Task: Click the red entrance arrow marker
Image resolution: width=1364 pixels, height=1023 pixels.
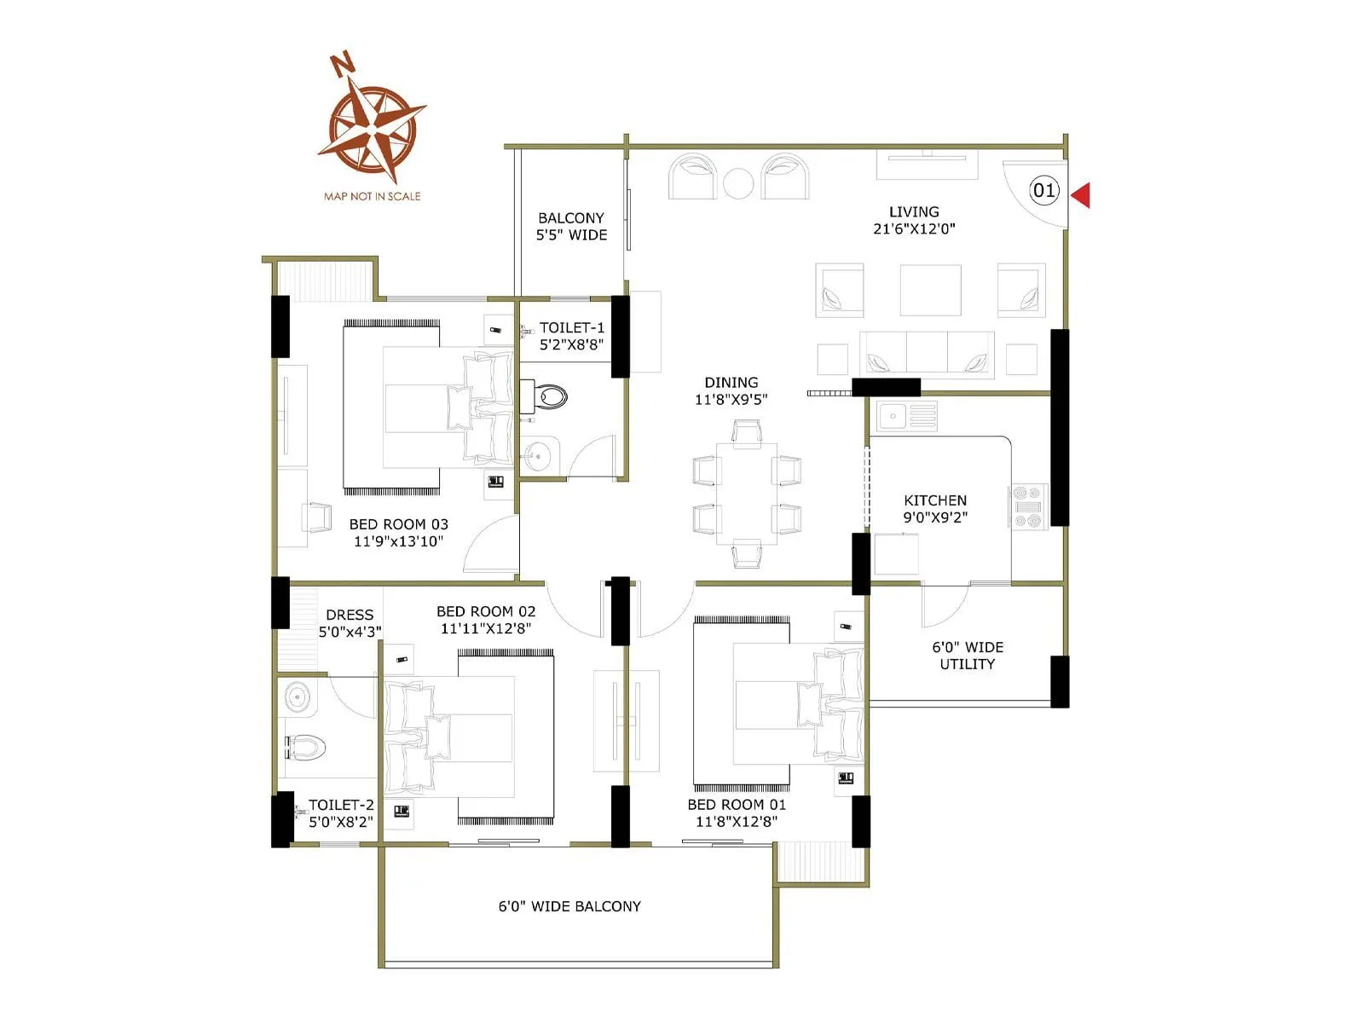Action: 1081,195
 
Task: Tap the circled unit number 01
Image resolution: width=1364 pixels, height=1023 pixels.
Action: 1043,190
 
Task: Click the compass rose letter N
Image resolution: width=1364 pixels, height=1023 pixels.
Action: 343,64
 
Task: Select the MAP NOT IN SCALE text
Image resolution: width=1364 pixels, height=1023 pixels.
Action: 372,196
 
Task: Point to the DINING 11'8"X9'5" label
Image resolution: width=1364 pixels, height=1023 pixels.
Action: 731,390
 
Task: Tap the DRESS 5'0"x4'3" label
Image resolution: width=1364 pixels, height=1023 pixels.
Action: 350,622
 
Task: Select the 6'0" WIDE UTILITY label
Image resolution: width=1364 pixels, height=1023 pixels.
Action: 967,656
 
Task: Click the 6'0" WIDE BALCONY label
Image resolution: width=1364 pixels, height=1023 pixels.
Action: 569,906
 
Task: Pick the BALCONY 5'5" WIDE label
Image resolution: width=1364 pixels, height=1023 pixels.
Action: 571,226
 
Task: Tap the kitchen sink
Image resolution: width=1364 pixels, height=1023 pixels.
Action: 893,416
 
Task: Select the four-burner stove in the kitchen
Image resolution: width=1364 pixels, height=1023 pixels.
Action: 1027,506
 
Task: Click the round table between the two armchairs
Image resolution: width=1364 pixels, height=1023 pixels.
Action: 738,182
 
